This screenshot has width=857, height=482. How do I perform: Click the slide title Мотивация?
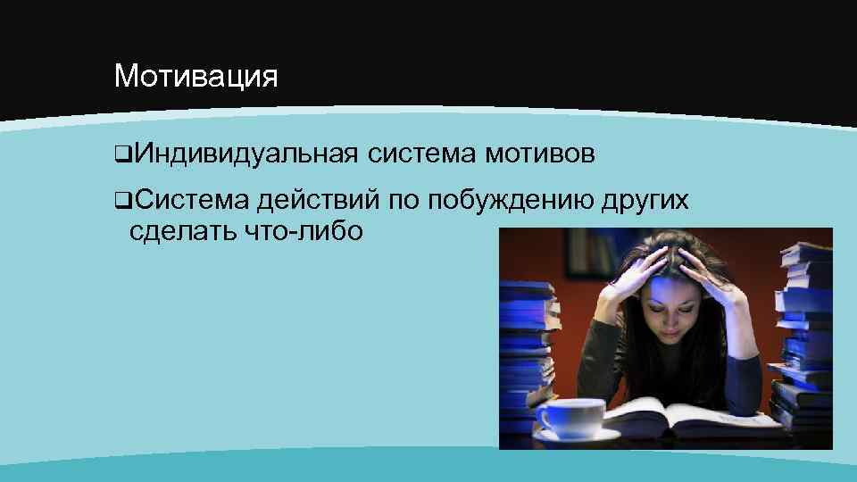tap(196, 76)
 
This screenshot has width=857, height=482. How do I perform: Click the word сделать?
tap(181, 231)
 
